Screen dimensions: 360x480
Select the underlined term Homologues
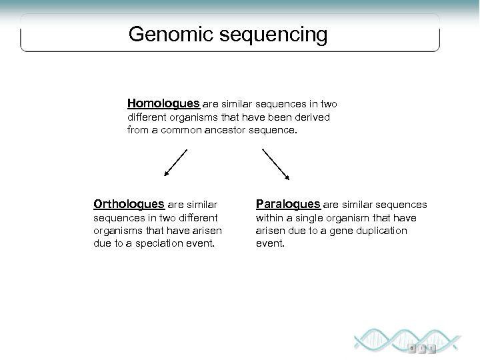tap(163, 104)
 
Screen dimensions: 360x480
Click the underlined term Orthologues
tap(129, 205)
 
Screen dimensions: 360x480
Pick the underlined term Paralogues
tap(288, 205)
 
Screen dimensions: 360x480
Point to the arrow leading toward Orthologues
tap(176, 163)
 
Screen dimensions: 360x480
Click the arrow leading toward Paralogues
tap(275, 163)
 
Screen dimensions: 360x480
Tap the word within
tap(269, 217)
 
